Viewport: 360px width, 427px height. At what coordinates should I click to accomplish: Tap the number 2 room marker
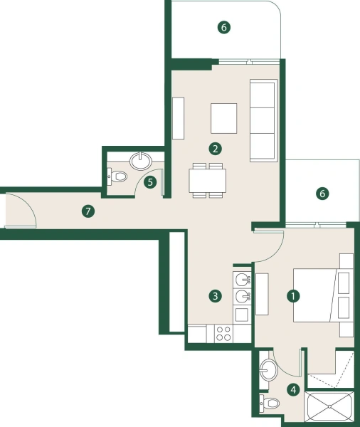coord(214,149)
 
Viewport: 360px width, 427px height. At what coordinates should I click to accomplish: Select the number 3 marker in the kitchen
coord(213,295)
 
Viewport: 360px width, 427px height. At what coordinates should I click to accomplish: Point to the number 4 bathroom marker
coord(292,389)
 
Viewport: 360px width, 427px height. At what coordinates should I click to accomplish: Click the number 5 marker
coord(150,181)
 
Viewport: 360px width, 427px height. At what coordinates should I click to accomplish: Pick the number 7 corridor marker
coord(88,211)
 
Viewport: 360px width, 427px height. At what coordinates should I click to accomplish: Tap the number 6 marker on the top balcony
coord(223,28)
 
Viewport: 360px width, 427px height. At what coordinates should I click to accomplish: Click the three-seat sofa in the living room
coord(263,120)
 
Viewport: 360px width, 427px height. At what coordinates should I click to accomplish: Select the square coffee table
coord(224,117)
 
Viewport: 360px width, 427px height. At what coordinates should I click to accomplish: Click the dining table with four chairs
coord(208,181)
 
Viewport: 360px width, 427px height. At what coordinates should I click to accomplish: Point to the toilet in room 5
coord(117,176)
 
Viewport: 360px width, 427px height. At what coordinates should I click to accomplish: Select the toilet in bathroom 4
coord(271,404)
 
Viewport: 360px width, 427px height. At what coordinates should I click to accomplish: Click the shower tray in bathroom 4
coord(329,406)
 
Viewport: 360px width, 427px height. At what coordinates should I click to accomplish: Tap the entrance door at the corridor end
coord(18,211)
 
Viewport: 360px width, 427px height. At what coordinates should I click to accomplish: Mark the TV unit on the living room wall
coord(178,117)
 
